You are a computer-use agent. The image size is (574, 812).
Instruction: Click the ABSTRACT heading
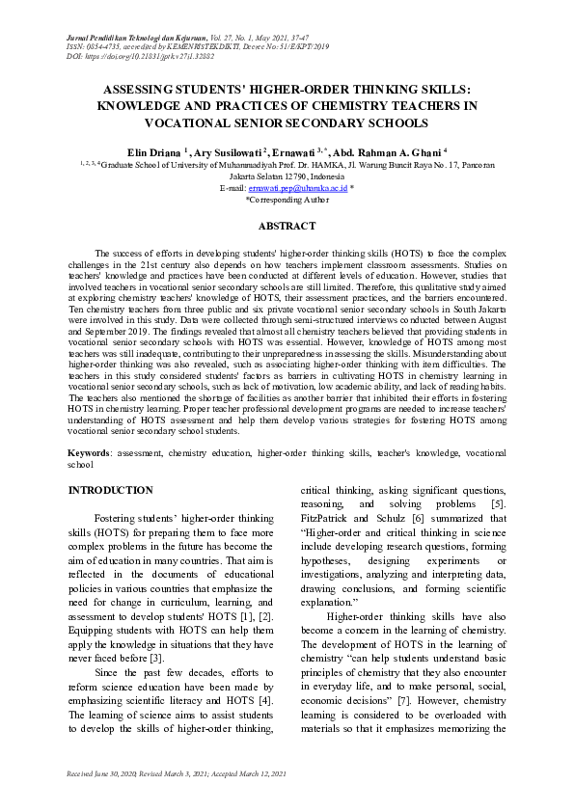point(287,226)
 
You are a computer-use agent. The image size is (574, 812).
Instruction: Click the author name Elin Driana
point(153,152)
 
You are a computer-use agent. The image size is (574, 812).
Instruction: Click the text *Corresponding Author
point(287,200)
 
